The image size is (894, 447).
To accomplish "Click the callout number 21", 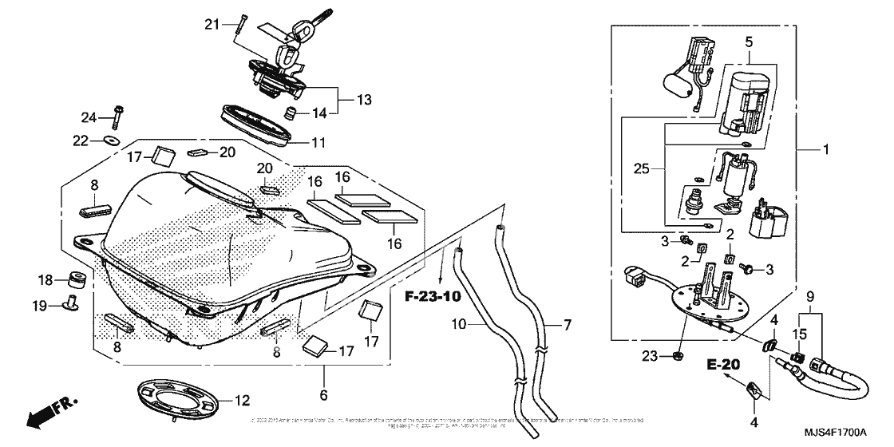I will click(211, 25).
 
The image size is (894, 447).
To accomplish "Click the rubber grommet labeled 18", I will click(77, 279).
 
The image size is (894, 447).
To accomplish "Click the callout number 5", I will click(749, 40).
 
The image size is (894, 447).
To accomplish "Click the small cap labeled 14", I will click(292, 111).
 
